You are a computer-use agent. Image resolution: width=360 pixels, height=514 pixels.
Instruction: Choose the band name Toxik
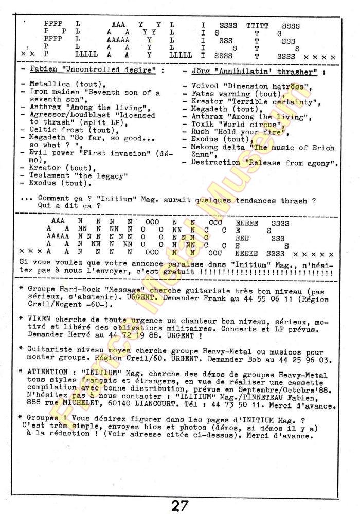point(202,124)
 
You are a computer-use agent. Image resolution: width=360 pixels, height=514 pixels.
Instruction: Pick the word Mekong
point(204,147)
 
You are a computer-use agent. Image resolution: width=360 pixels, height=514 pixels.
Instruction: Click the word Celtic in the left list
point(42,130)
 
